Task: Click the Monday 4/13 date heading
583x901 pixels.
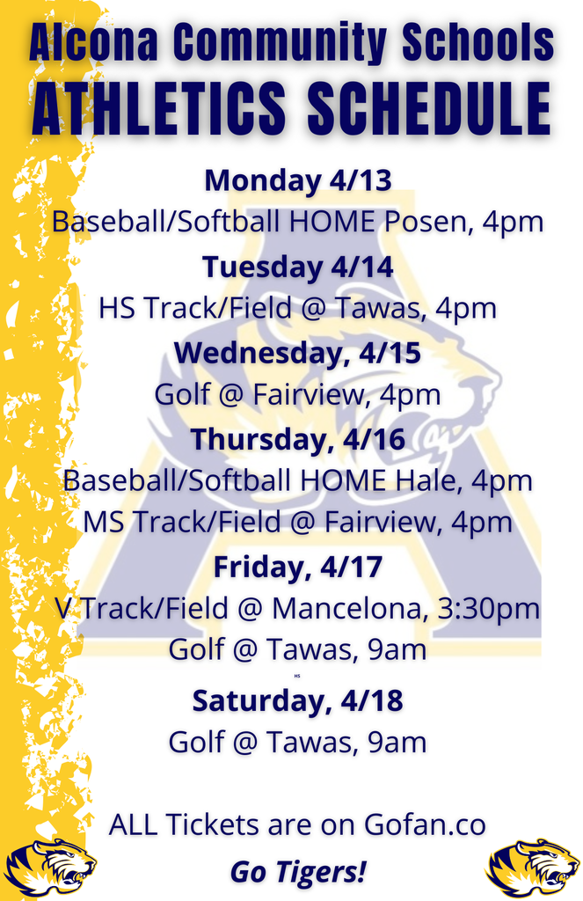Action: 297,180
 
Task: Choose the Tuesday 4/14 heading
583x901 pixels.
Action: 297,266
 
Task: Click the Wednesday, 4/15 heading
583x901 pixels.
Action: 297,352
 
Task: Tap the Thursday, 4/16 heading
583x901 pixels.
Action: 297,438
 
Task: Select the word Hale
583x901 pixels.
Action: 427,480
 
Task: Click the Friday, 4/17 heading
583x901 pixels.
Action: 297,567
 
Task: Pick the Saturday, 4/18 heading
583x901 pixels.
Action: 297,700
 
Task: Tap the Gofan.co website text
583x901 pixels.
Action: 425,825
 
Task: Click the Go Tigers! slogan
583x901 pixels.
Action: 297,871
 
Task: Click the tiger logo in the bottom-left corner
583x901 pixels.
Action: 50,868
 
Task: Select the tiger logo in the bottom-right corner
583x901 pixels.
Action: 533,868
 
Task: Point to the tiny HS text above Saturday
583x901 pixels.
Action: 297,676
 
